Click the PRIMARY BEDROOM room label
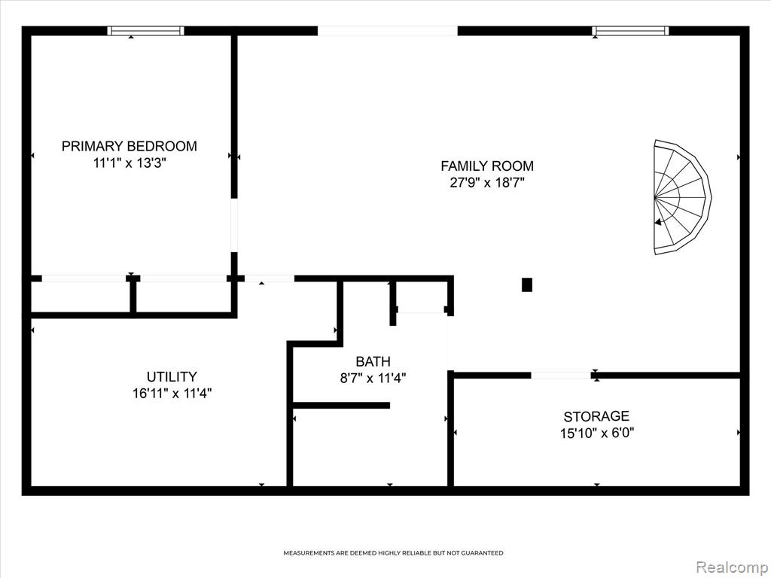tap(130, 146)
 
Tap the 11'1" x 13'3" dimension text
tap(130, 163)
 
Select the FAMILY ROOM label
tap(487, 166)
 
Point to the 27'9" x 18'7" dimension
tap(487, 183)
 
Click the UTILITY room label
tap(172, 377)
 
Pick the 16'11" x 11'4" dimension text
tap(172, 394)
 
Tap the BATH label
tap(373, 362)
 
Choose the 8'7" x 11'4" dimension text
tap(373, 379)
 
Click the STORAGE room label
tap(596, 417)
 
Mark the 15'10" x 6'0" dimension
tap(596, 433)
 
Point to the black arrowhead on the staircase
tap(658, 222)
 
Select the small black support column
tap(526, 284)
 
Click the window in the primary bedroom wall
tap(146, 31)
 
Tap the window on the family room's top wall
tap(630, 31)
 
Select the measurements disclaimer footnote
tap(393, 553)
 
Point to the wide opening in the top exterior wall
tap(388, 31)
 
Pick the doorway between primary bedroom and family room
tap(235, 225)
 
